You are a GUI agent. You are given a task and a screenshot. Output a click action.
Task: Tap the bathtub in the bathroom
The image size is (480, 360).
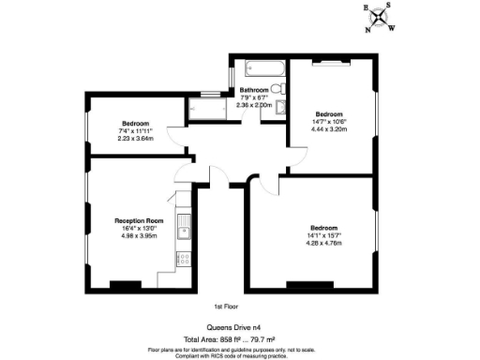pos(262,67)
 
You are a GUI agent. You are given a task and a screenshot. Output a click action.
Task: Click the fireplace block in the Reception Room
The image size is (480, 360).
pos(125,284)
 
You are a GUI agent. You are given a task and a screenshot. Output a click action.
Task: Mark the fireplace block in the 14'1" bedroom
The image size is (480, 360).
pos(299,284)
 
